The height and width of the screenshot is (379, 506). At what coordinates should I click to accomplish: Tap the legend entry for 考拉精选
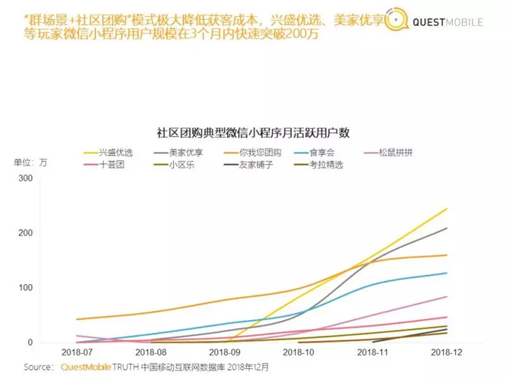pyautogui.click(x=330, y=165)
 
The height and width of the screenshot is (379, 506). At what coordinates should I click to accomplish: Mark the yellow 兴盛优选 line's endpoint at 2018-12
pyautogui.click(x=447, y=208)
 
